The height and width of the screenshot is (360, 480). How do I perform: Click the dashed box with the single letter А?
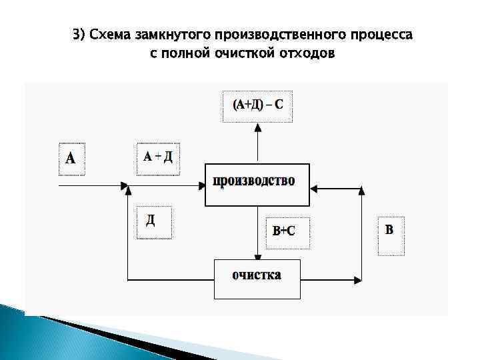tap(71, 159)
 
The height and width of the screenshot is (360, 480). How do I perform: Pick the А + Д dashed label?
tap(158, 158)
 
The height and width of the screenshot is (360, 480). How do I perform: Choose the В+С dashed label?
tap(287, 232)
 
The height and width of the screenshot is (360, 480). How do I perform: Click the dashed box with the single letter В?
tap(391, 235)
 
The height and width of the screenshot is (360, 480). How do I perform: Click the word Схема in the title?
tap(113, 34)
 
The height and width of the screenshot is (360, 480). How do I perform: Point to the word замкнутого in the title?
tap(173, 34)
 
